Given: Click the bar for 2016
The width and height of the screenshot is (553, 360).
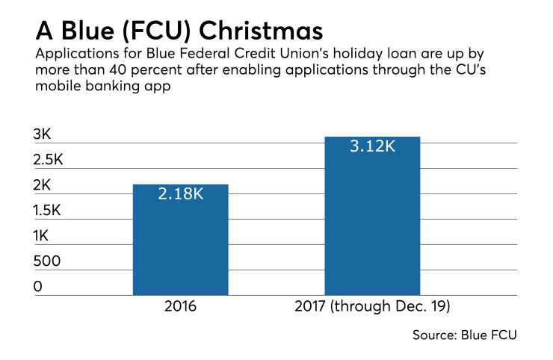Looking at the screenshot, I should [180, 239].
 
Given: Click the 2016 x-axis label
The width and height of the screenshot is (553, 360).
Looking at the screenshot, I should [180, 307].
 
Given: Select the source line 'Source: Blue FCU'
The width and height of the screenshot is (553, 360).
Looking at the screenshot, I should [464, 335].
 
